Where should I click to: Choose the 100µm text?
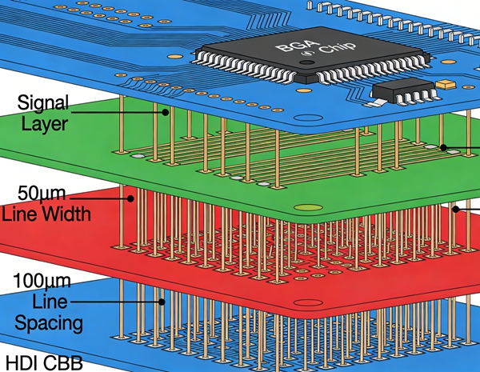(x=43, y=281)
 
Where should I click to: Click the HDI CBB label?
(x=43, y=362)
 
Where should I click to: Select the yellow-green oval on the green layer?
(x=308, y=210)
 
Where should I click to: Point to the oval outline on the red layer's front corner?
(x=306, y=303)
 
